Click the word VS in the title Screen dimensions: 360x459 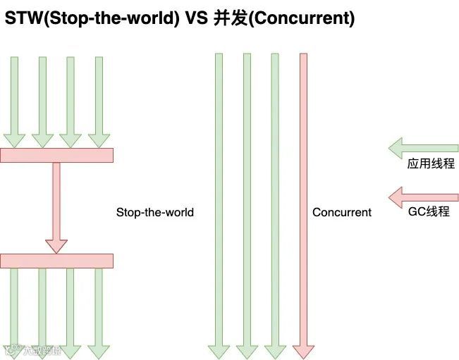click(197, 18)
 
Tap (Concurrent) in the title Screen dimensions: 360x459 click(301, 18)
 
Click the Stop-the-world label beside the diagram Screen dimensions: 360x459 click(155, 212)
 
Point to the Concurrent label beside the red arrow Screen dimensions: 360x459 click(342, 212)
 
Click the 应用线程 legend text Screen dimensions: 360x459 click(430, 165)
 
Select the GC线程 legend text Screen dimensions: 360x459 click(429, 211)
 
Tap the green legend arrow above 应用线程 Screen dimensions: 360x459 click(423, 149)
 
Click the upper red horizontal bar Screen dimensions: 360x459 click(56, 155)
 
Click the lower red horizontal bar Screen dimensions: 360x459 click(56, 261)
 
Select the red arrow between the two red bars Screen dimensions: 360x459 click(56, 204)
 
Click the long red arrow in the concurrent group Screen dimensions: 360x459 click(303, 197)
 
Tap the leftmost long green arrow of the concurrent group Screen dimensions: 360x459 click(219, 197)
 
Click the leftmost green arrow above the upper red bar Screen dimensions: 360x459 click(14, 99)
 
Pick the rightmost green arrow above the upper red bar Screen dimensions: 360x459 click(99, 99)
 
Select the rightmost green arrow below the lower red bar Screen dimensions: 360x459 click(99, 310)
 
